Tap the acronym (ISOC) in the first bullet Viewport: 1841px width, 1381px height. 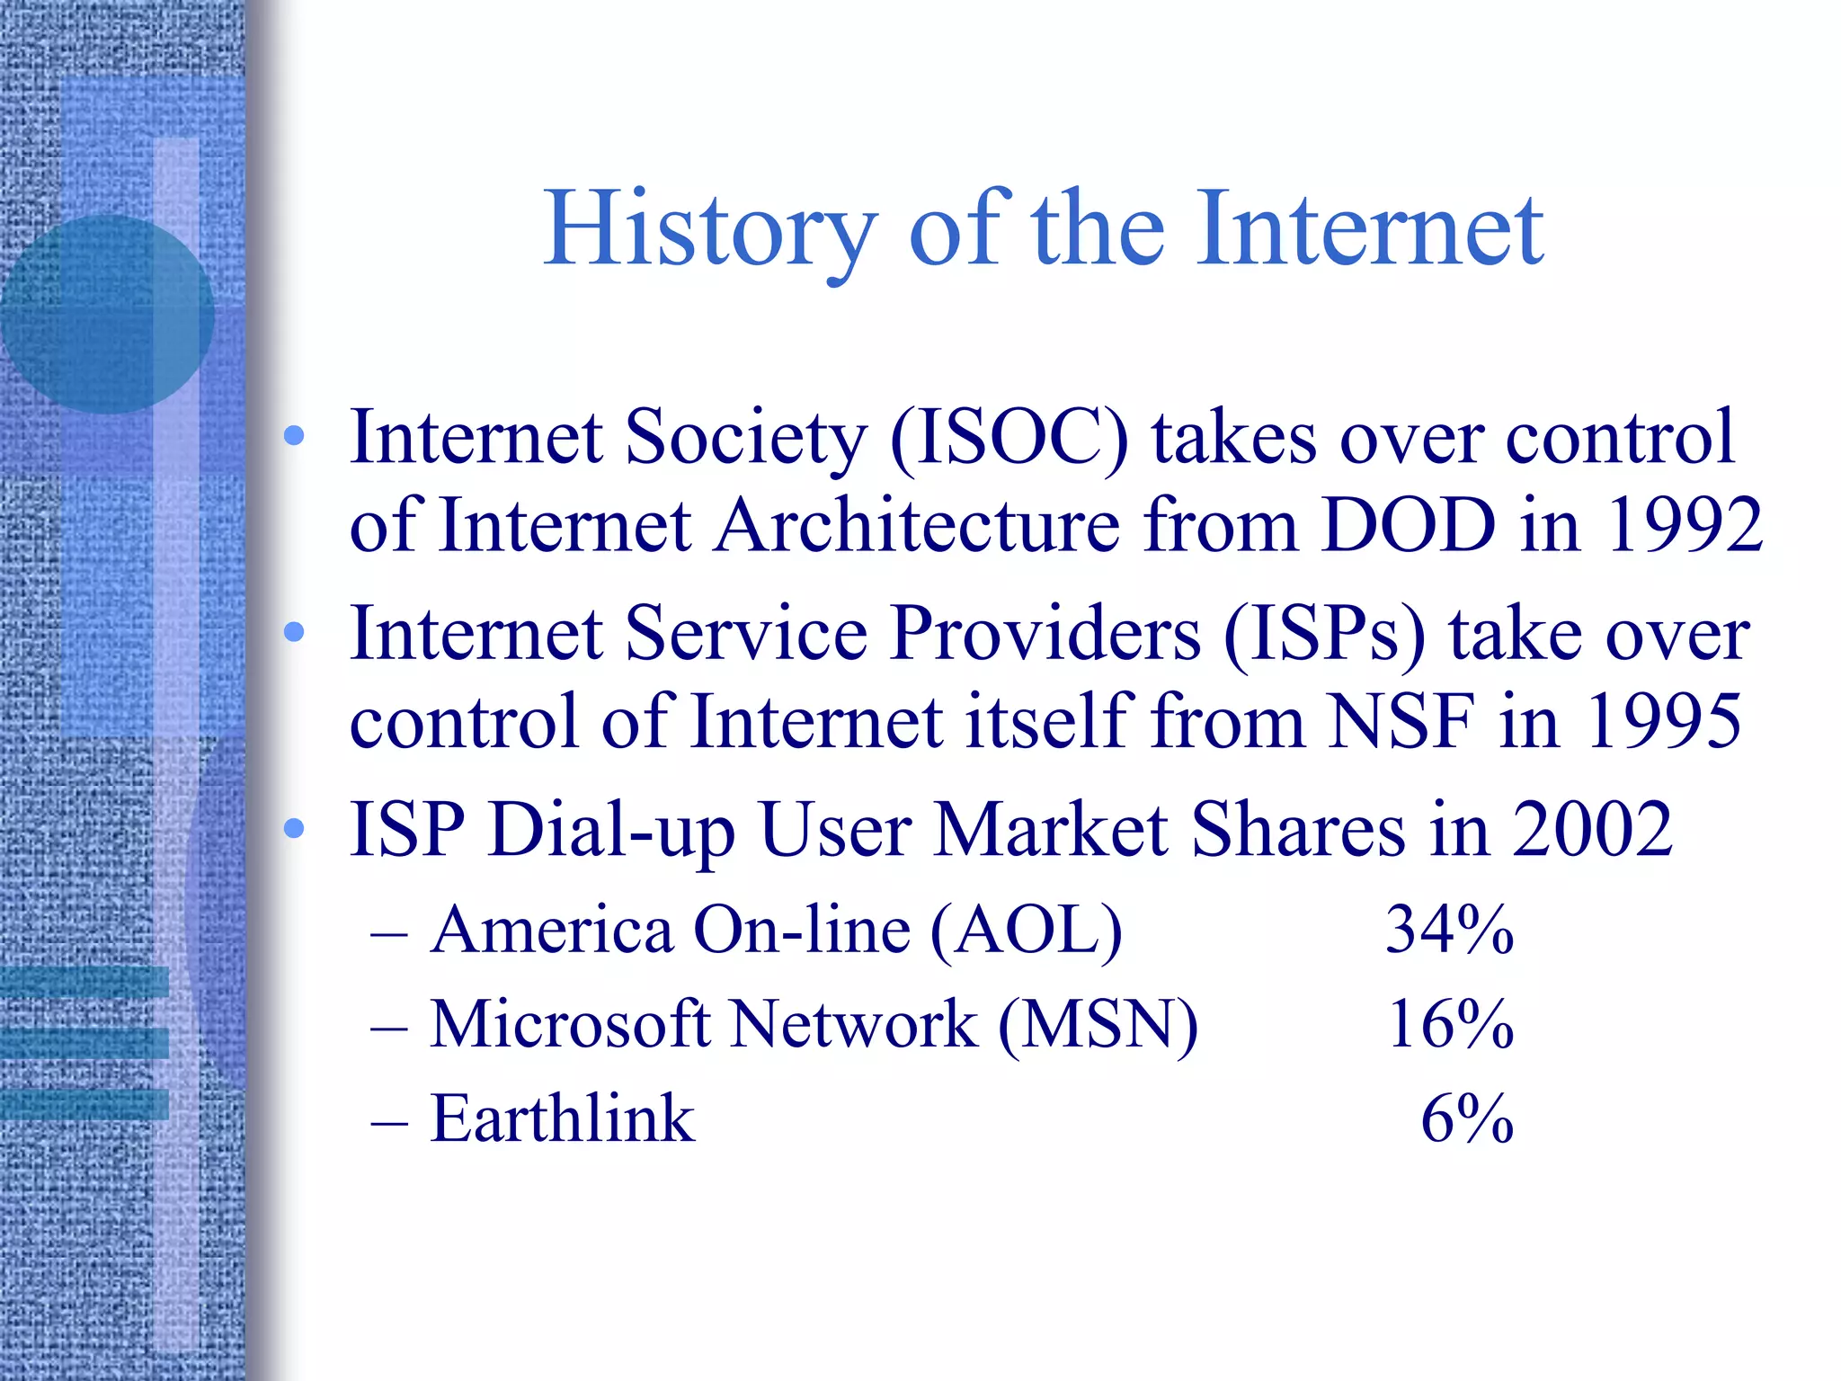click(1009, 438)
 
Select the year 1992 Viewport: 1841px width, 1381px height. click(1685, 525)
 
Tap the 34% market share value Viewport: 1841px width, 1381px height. click(1449, 930)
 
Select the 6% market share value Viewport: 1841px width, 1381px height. click(1467, 1119)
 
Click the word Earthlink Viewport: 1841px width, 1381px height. click(563, 1119)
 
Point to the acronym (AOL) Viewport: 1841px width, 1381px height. click(1027, 931)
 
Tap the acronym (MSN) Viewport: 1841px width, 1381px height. click(1098, 1025)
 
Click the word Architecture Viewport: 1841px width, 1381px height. click(918, 525)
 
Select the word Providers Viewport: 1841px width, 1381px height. click(1046, 634)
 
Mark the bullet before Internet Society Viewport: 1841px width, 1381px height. click(294, 437)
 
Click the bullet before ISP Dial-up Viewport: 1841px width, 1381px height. click(294, 829)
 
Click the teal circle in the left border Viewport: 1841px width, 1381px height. click(106, 314)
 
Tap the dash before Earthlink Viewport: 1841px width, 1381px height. click(389, 1122)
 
